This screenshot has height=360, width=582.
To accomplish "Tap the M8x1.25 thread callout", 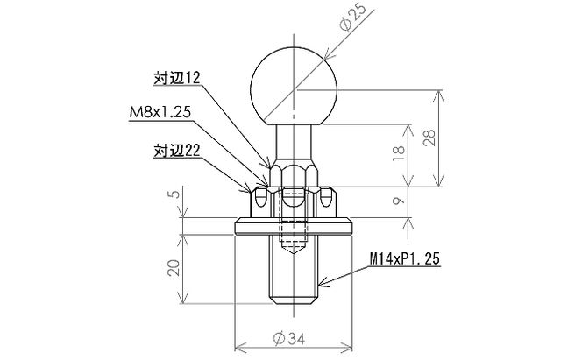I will [x=159, y=113].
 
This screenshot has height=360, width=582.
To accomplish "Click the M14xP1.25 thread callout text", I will [x=402, y=260].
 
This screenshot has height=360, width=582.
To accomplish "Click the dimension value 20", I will [x=174, y=268].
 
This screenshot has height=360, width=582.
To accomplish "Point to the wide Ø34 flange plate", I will [x=294, y=227].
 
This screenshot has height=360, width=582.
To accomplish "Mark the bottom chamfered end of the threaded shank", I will [x=294, y=301].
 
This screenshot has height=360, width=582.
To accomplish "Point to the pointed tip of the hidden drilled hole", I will [x=294, y=251].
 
